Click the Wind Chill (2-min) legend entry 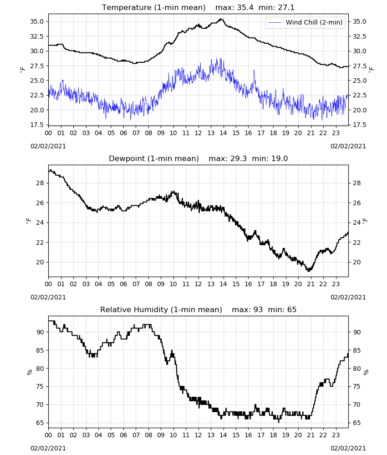click(306, 22)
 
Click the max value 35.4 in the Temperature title click(245, 8)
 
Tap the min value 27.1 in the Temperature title click(286, 8)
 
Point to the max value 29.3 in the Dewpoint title click(239, 159)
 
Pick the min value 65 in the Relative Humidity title click(292, 309)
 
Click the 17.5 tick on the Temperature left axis click(37, 125)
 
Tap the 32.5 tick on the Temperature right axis click(360, 36)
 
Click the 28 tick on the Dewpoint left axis click(40, 183)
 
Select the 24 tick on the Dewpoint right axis click(356, 222)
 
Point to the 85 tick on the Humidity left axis click(40, 350)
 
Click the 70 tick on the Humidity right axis click(356, 404)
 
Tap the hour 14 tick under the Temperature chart click(223, 133)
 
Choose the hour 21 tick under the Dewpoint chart click(311, 284)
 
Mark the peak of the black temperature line click(221, 19)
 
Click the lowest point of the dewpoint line click(308, 271)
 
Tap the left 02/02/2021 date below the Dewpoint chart click(48, 297)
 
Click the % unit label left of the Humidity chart click(30, 372)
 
